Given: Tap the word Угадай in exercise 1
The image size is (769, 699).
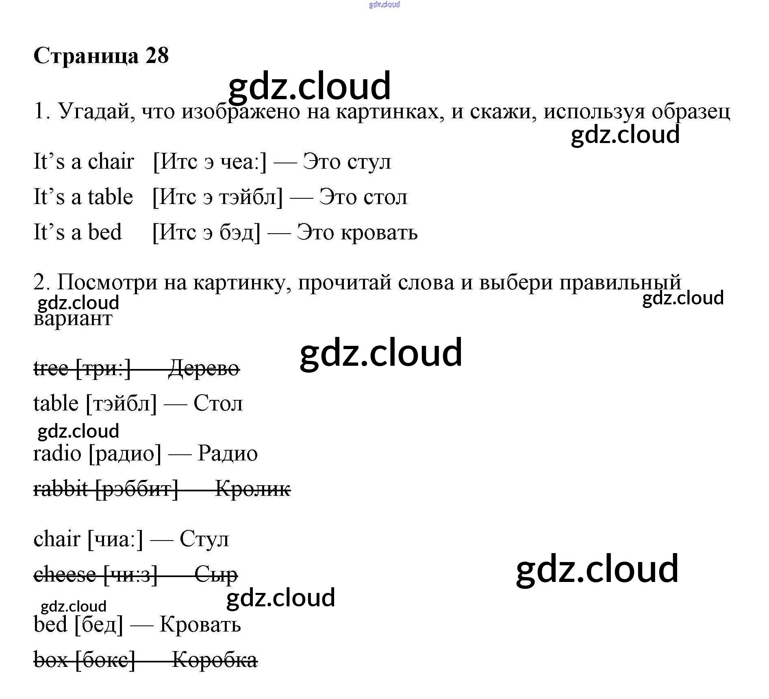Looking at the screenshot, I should pyautogui.click(x=97, y=111).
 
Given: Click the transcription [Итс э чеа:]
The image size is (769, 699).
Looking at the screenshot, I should pyautogui.click(x=210, y=162).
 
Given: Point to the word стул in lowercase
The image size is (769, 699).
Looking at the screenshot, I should pyautogui.click(x=369, y=162).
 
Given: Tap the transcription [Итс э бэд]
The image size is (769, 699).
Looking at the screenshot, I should pyautogui.click(x=206, y=232).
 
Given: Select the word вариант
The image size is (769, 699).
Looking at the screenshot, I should pyautogui.click(x=73, y=318).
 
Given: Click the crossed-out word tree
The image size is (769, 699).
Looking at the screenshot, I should pyautogui.click(x=51, y=368).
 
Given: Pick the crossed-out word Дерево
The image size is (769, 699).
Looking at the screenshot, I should pyautogui.click(x=204, y=368).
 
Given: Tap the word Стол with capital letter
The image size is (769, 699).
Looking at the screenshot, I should pyautogui.click(x=218, y=403).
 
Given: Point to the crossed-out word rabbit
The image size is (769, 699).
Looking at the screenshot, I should pyautogui.click(x=61, y=488).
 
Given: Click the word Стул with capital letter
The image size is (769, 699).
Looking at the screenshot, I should pyautogui.click(x=204, y=539).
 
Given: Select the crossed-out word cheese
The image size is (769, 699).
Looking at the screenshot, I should pyautogui.click(x=65, y=574).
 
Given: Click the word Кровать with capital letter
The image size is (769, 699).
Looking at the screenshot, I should pyautogui.click(x=200, y=624).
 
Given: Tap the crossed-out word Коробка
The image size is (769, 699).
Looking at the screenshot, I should pyautogui.click(x=215, y=660).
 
